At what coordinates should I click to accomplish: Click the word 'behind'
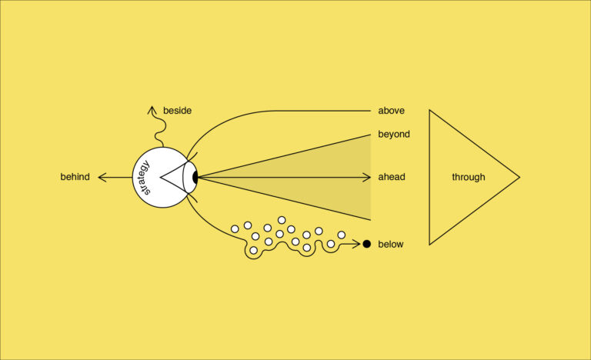pos(75,177)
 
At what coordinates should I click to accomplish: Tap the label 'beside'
pos(177,111)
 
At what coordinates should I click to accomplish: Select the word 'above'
pos(391,110)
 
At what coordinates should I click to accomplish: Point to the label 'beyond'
pos(393,134)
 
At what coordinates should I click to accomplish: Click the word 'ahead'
pos(391,177)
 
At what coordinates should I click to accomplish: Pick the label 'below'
pos(390,244)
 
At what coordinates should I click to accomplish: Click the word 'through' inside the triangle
pos(468,177)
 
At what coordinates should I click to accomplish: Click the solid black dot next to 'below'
pos(367,244)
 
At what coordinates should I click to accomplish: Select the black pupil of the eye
pos(195,177)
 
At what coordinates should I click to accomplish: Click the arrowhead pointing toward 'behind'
pos(102,177)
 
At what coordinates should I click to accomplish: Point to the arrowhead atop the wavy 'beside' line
pos(152,110)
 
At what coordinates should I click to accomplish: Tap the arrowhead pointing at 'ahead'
pos(368,177)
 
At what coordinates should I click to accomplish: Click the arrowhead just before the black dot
pos(356,244)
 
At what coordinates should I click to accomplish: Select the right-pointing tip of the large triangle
pos(518,177)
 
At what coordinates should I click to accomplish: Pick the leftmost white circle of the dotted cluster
pos(235,228)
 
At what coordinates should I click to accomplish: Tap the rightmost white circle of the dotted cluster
pos(342,235)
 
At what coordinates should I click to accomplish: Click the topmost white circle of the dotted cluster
pos(282,220)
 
